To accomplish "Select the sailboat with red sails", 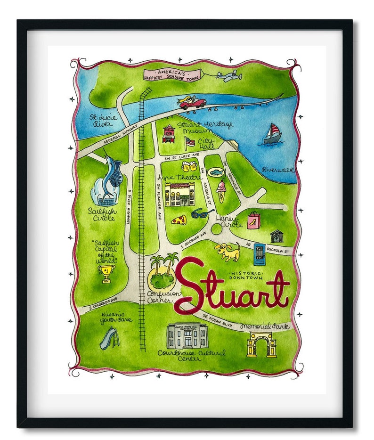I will tap(272, 134).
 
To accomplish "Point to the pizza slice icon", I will tap(179, 219).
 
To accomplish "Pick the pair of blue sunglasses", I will tap(203, 213).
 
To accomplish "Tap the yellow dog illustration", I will tap(228, 251).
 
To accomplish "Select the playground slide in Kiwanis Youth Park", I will tap(108, 338).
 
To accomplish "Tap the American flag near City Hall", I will tap(190, 141).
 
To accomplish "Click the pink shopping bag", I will tap(253, 220).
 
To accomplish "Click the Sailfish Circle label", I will tap(102, 215).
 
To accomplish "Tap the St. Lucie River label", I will tap(97, 122).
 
